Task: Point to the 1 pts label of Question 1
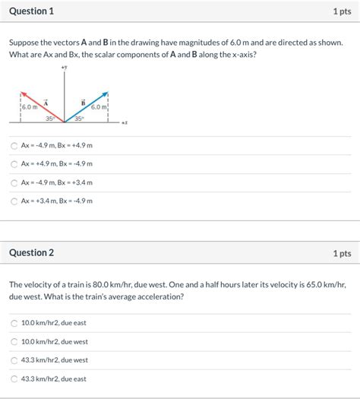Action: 341,11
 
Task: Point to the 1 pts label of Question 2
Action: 341,252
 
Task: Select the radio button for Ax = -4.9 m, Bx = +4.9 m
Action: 14,145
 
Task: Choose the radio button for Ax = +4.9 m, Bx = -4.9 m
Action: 14,163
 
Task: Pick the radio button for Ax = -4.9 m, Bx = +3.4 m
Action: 14,182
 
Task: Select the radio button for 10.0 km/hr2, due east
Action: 14,323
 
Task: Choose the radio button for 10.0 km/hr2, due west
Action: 14,341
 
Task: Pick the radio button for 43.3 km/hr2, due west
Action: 14,360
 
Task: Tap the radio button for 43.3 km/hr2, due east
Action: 14,378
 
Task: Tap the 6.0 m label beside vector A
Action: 30,107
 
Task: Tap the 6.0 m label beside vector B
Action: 99,107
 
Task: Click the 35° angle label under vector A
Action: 49,119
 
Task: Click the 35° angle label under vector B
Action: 79,119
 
